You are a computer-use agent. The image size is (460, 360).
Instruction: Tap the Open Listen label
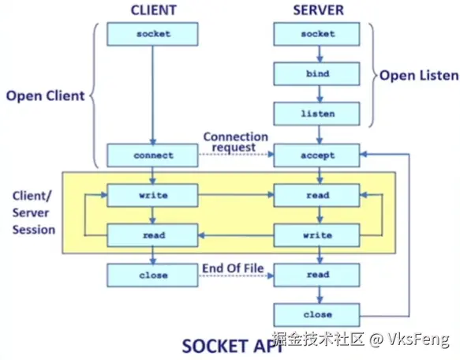coord(418,76)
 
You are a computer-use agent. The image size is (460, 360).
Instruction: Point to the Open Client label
coord(45,97)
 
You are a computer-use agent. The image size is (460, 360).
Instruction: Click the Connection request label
coord(230,142)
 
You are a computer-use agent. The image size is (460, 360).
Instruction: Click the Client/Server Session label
coord(33,212)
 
